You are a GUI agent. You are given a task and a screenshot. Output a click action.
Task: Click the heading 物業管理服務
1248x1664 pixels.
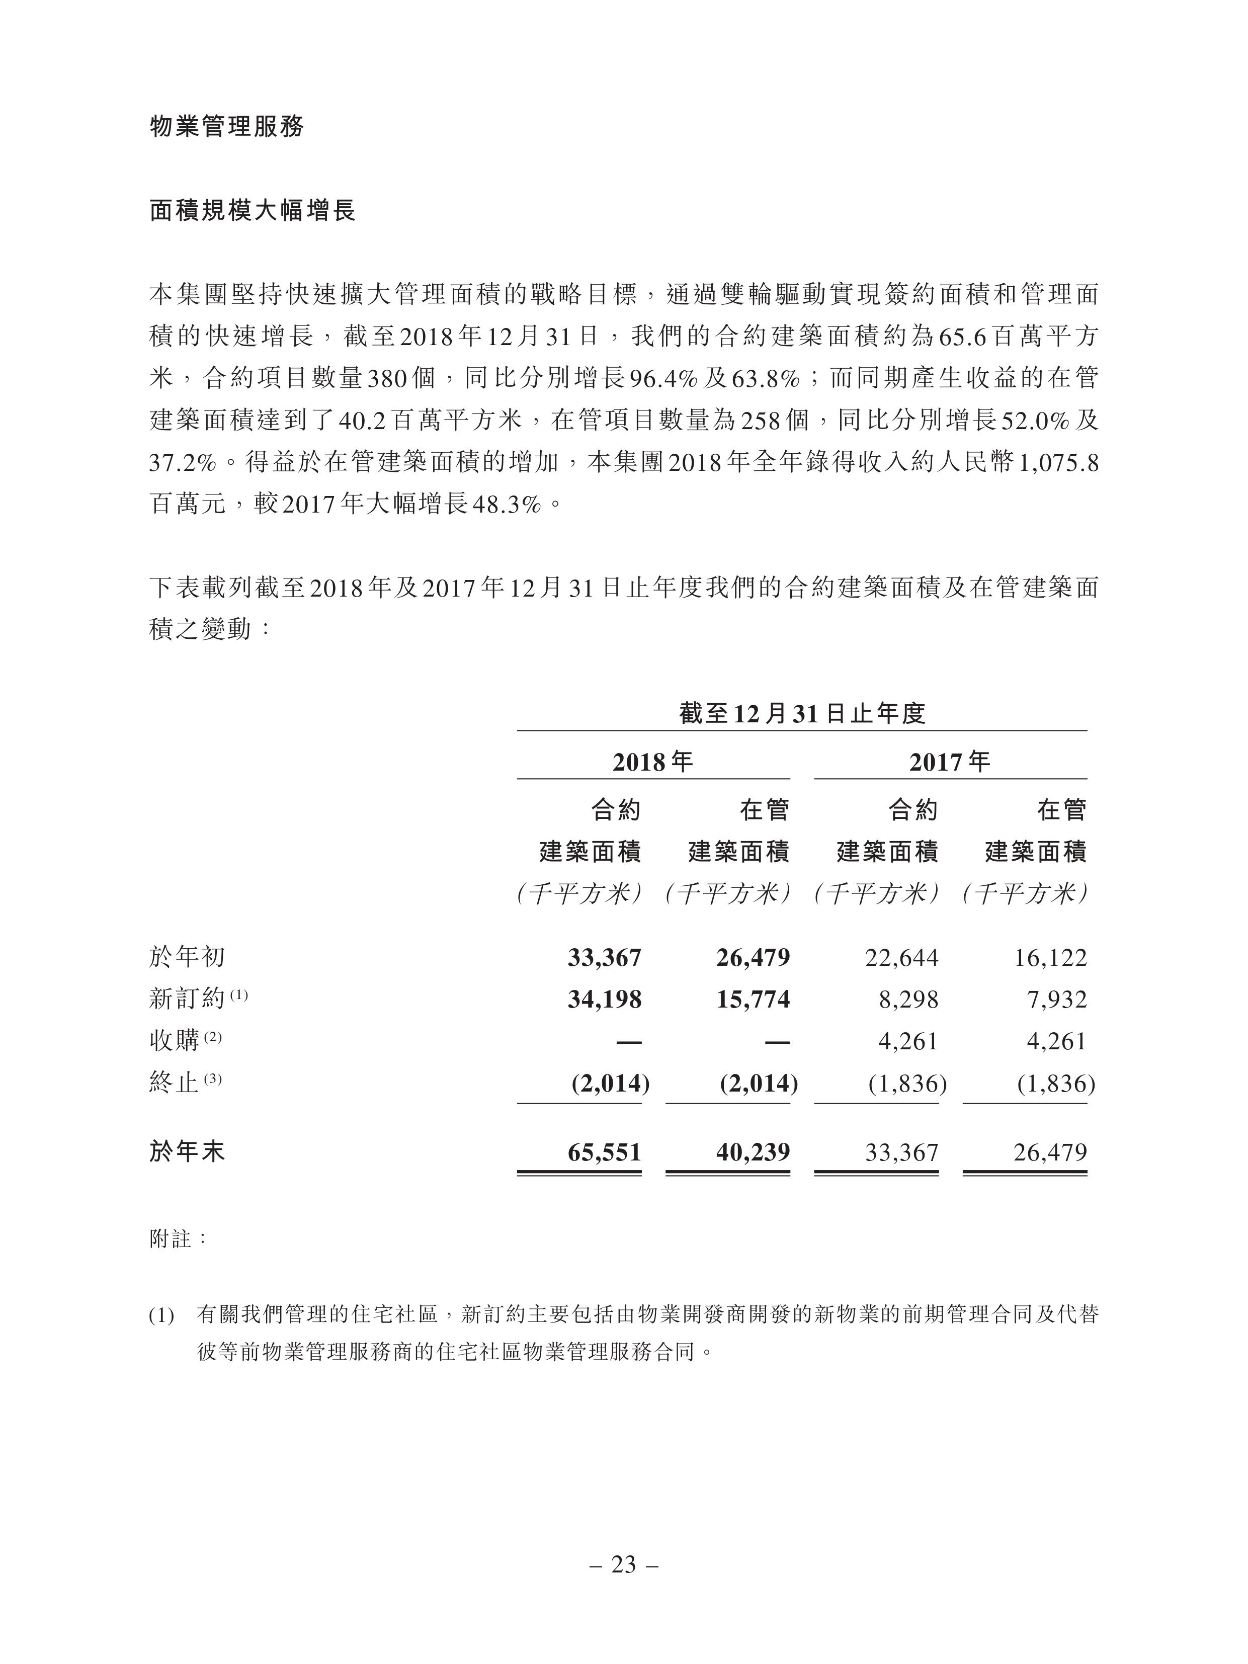(x=226, y=126)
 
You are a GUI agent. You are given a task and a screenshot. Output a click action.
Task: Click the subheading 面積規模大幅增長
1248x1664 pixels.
(x=252, y=211)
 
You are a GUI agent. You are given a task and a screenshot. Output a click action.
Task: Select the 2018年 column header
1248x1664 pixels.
(x=652, y=762)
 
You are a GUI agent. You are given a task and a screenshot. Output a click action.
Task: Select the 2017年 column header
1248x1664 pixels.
(x=949, y=762)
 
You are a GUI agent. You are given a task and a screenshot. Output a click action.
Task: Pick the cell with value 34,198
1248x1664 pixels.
(x=604, y=999)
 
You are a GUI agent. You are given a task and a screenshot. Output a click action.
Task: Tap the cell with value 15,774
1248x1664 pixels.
(x=753, y=999)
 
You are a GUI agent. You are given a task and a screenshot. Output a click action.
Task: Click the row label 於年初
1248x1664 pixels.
(x=187, y=957)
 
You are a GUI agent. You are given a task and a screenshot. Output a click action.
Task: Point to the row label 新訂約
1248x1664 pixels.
(x=187, y=999)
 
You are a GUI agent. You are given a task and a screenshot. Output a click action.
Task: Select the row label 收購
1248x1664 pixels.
(x=175, y=1041)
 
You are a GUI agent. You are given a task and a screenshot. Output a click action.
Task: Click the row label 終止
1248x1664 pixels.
(x=175, y=1083)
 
